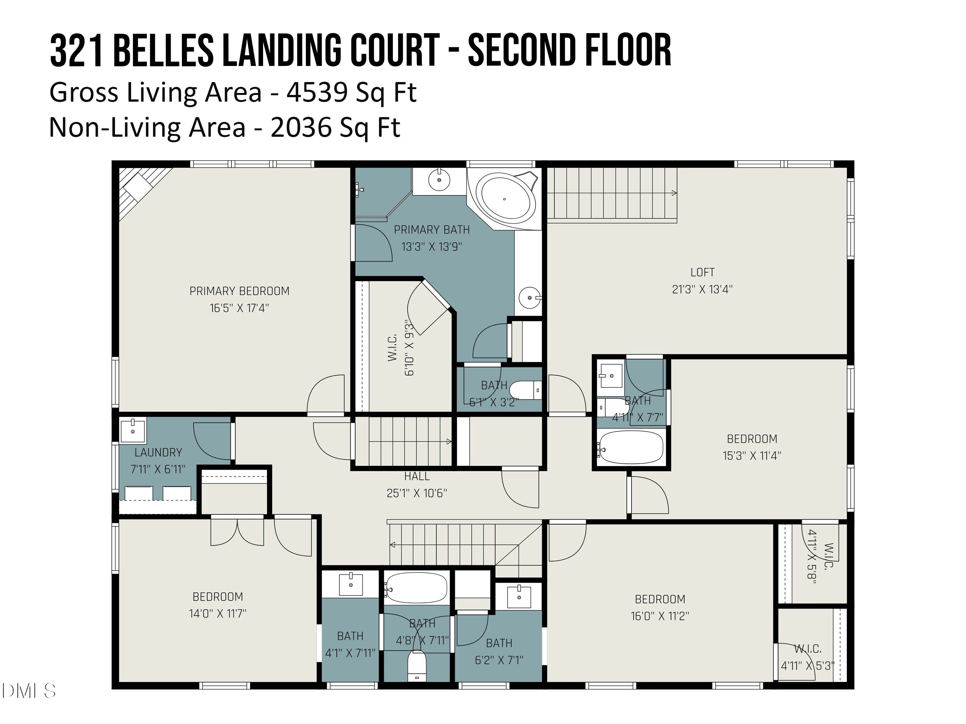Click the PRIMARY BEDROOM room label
(239, 291)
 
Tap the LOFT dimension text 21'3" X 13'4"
(702, 289)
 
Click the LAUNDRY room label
(158, 452)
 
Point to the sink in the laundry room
(133, 431)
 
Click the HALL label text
(417, 476)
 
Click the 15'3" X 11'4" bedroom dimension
(752, 456)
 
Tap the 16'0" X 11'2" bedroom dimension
(660, 616)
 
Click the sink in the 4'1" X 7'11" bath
(351, 584)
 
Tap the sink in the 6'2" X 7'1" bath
(519, 597)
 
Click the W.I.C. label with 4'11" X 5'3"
(808, 649)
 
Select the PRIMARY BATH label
(431, 229)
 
